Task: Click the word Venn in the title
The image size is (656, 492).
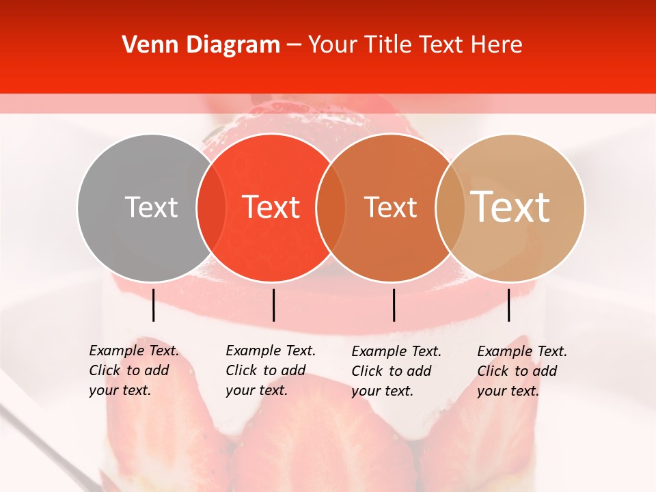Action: [146, 45]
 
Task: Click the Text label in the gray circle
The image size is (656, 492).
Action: [151, 208]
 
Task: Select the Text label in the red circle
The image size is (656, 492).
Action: [271, 208]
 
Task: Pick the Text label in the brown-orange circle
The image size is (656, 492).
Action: [390, 208]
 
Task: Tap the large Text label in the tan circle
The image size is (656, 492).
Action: [510, 206]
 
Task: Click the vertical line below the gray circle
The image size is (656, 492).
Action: [154, 305]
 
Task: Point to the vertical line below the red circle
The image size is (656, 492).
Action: [273, 305]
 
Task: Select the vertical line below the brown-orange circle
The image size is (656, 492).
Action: [394, 305]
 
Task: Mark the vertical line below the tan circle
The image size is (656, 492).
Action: [508, 305]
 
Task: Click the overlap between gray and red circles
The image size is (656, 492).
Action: [211, 208]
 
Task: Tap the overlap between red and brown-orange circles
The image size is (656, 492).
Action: [331, 208]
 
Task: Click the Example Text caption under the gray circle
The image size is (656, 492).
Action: [134, 370]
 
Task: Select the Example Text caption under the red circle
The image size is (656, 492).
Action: [271, 370]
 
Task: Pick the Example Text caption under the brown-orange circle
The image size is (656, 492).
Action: [396, 371]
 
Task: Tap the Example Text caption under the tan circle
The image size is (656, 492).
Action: [522, 371]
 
